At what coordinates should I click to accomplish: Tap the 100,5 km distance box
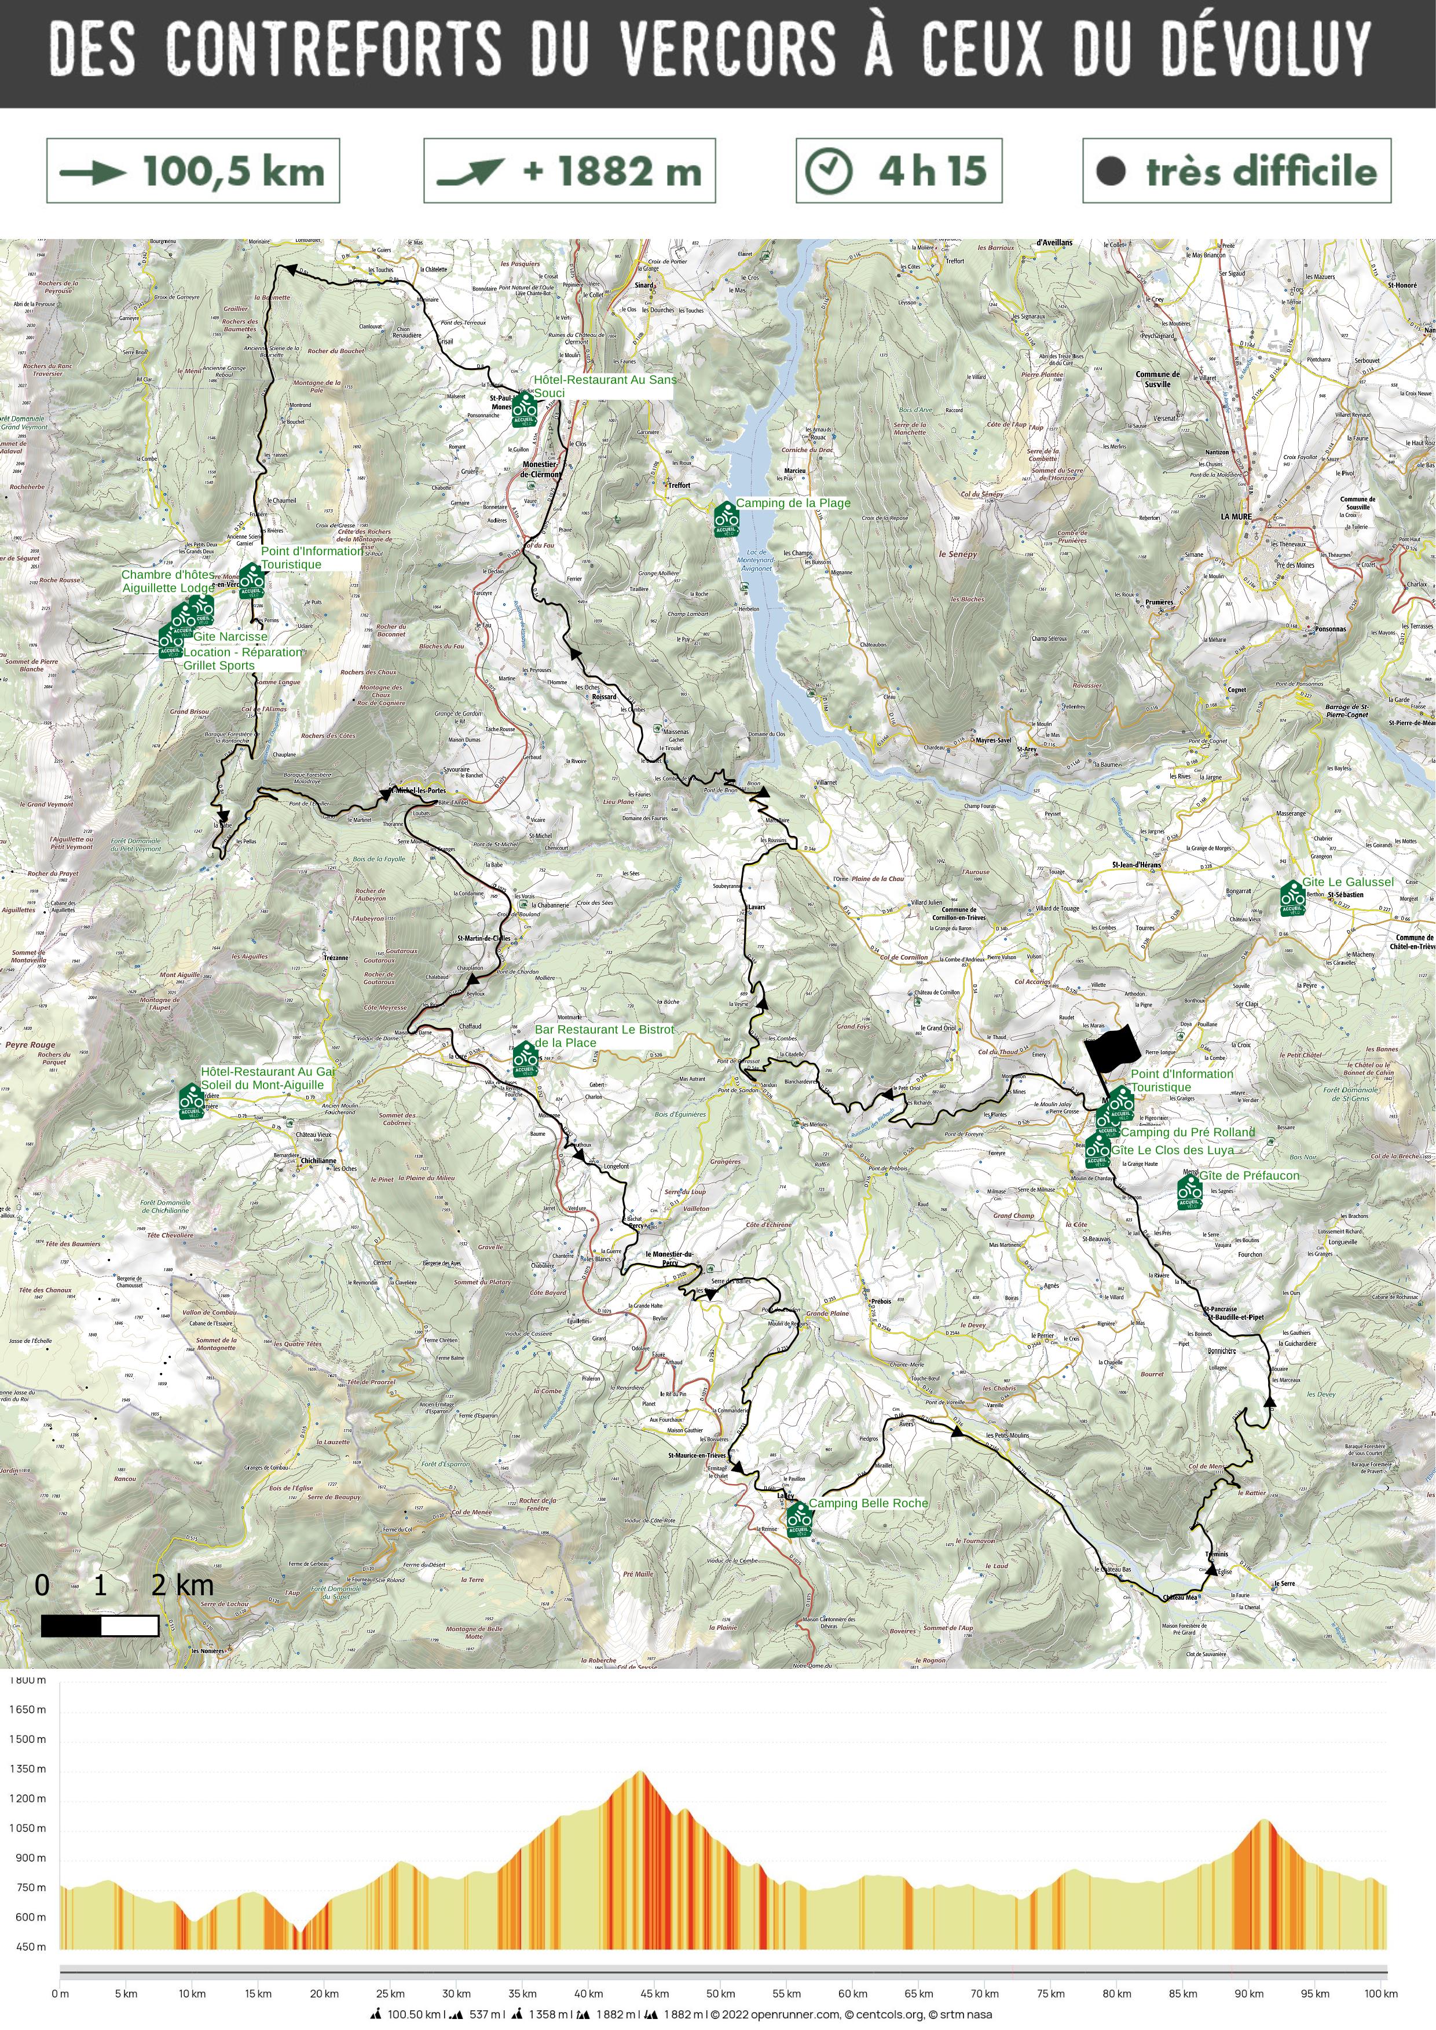[x=193, y=171]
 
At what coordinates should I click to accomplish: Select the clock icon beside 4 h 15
[x=829, y=171]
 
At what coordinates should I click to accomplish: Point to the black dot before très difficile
[x=1111, y=171]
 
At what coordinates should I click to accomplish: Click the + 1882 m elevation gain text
[x=612, y=171]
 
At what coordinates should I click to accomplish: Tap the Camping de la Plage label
[x=793, y=503]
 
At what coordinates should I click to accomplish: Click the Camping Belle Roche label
[x=869, y=1503]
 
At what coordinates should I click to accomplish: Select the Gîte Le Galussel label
[x=1347, y=882]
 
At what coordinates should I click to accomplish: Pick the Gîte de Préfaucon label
[x=1250, y=1175]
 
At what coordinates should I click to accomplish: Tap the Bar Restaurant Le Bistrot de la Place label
[x=604, y=1036]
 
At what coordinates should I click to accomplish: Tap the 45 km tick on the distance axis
[x=654, y=1994]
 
